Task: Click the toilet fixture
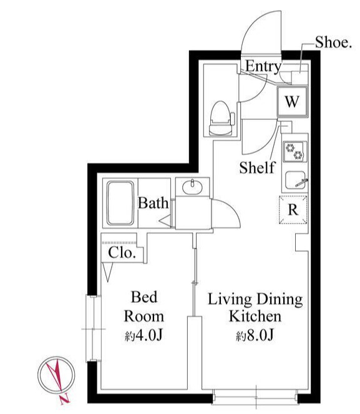pos(221,118)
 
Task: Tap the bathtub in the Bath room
pos(120,203)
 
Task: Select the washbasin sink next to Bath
pos(193,187)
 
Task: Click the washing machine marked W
pos(292,101)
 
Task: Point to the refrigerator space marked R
pos(293,210)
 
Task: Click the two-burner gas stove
pos(295,152)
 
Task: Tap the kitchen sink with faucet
pos(296,180)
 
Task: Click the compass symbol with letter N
pos(56,375)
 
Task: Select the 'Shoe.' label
pos(333,42)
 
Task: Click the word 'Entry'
pos(263,66)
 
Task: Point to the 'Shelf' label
pos(257,167)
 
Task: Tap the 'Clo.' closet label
pos(122,252)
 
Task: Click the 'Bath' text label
pos(153,203)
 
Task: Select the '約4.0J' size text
pos(144,335)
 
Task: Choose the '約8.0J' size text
pos(255,335)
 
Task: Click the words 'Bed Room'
pos(144,307)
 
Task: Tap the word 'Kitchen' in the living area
pos(255,317)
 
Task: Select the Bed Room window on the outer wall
pos(94,328)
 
